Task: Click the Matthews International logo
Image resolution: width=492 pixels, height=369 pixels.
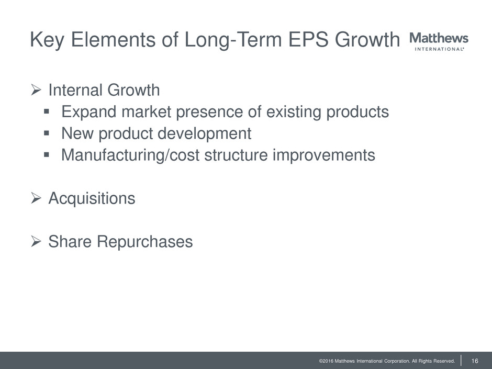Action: (439, 41)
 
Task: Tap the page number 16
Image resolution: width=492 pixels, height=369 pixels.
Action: (475, 361)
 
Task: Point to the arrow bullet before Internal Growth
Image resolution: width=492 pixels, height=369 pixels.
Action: (36, 90)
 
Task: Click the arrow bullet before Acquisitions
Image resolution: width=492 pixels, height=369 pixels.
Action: (36, 198)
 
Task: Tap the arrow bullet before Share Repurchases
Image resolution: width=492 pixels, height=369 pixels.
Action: (36, 241)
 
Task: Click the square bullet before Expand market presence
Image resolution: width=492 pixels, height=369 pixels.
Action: (47, 111)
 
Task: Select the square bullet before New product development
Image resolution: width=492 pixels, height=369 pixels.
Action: (47, 133)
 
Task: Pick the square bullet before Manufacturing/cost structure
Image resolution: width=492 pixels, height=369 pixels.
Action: (47, 154)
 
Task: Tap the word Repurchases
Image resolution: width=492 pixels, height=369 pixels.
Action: (144, 242)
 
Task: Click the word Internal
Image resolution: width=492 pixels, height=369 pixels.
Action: (75, 90)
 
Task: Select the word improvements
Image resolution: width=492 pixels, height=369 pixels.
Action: (324, 155)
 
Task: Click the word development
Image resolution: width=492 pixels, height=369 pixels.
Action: (204, 134)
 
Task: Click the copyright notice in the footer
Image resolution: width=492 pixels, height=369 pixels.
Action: (387, 361)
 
